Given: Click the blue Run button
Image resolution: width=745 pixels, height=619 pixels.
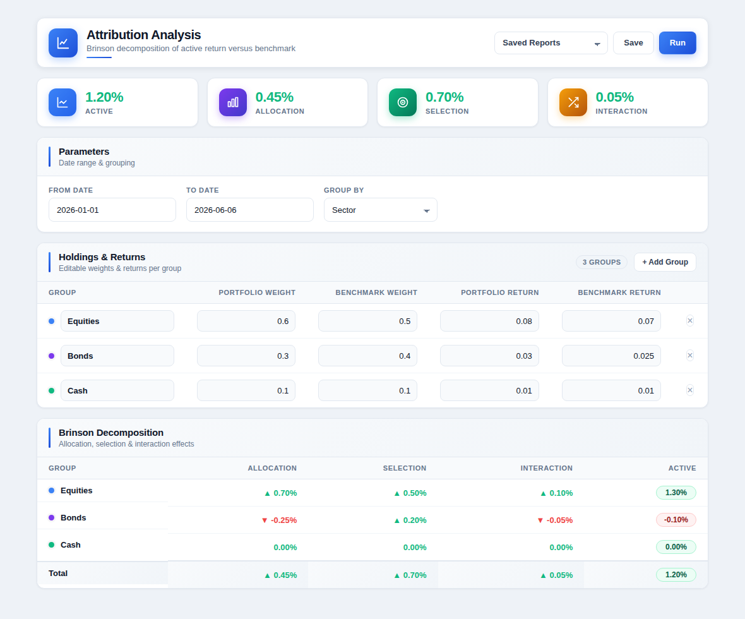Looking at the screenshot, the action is click(677, 43).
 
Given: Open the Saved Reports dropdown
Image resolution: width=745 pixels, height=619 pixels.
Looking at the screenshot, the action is click(551, 43).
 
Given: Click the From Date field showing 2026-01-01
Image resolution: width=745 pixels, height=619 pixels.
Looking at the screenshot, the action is click(112, 210).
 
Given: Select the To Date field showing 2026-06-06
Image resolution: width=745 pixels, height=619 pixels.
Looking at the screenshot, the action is click(250, 210).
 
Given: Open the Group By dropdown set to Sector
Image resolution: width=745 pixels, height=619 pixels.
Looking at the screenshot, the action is click(380, 210).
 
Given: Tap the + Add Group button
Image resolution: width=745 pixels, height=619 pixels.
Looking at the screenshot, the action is click(665, 262).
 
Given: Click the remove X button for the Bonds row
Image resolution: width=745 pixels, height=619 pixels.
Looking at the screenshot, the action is click(690, 355).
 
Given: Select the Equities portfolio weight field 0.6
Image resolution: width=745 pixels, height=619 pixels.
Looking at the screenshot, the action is click(246, 321).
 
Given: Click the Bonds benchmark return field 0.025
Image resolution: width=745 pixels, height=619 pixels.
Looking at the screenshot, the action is click(611, 356).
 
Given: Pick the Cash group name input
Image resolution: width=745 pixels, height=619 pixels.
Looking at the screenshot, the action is click(117, 390).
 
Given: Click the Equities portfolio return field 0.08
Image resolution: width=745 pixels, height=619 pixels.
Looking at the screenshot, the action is click(489, 321).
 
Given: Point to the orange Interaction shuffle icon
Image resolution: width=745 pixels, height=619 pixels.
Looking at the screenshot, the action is click(573, 102).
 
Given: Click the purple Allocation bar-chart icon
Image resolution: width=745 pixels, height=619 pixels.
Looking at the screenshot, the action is click(233, 102).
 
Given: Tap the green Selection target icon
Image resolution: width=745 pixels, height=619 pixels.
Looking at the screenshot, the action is click(402, 102).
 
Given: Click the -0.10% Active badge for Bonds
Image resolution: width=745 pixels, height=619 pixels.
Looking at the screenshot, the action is click(676, 520).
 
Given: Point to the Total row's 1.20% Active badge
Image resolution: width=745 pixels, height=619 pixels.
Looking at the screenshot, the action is click(676, 574).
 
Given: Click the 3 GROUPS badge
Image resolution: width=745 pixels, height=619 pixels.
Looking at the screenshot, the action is click(602, 262).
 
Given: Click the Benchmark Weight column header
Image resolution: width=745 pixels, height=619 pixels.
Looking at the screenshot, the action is click(376, 292).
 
